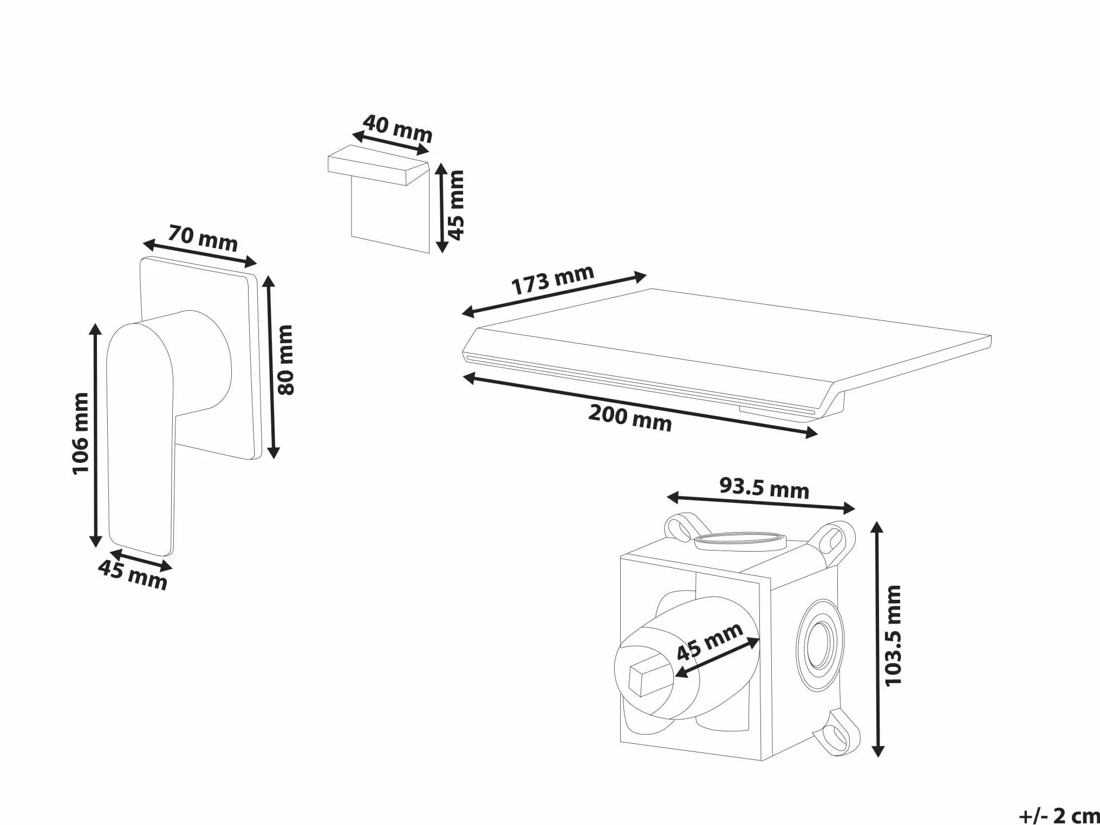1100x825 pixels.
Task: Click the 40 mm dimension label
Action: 398,128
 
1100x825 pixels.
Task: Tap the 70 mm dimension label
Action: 203,239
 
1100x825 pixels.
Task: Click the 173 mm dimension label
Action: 552,279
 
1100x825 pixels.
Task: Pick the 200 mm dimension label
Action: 630,418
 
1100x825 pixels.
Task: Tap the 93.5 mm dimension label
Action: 764,488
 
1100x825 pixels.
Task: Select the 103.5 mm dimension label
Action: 893,636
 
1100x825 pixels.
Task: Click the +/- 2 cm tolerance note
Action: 1059,815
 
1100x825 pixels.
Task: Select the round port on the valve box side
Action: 820,645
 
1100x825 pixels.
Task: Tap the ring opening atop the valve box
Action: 740,541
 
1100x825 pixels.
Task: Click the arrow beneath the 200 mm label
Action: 640,405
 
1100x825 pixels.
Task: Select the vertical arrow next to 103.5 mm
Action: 878,639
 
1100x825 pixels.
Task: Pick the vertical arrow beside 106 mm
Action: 95,435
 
